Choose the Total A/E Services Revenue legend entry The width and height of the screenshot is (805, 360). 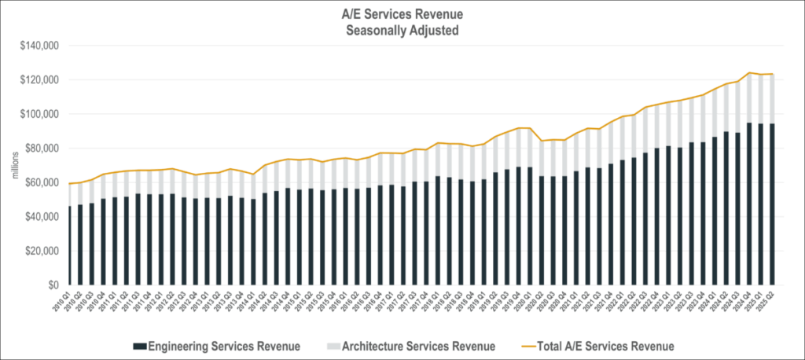click(601, 345)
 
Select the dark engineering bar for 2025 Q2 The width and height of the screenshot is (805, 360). click(772, 204)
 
